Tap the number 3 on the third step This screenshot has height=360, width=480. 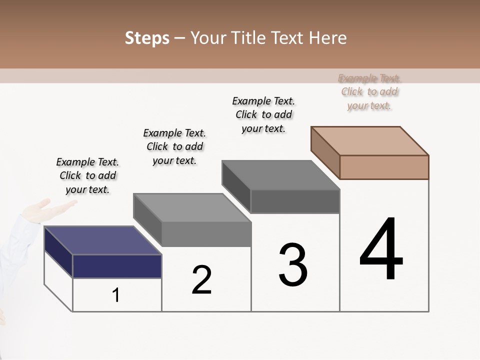(293, 264)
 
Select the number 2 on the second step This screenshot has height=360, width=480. (202, 280)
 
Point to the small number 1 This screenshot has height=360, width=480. (116, 295)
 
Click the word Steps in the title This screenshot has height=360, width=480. (147, 38)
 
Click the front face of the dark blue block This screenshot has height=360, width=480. (117, 266)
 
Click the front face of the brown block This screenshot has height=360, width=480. (384, 167)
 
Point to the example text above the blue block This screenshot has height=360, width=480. (87, 176)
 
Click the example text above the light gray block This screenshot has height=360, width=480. (174, 146)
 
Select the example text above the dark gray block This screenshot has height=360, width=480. (263, 114)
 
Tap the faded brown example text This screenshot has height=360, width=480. (369, 92)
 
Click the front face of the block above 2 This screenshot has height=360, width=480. (206, 234)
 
